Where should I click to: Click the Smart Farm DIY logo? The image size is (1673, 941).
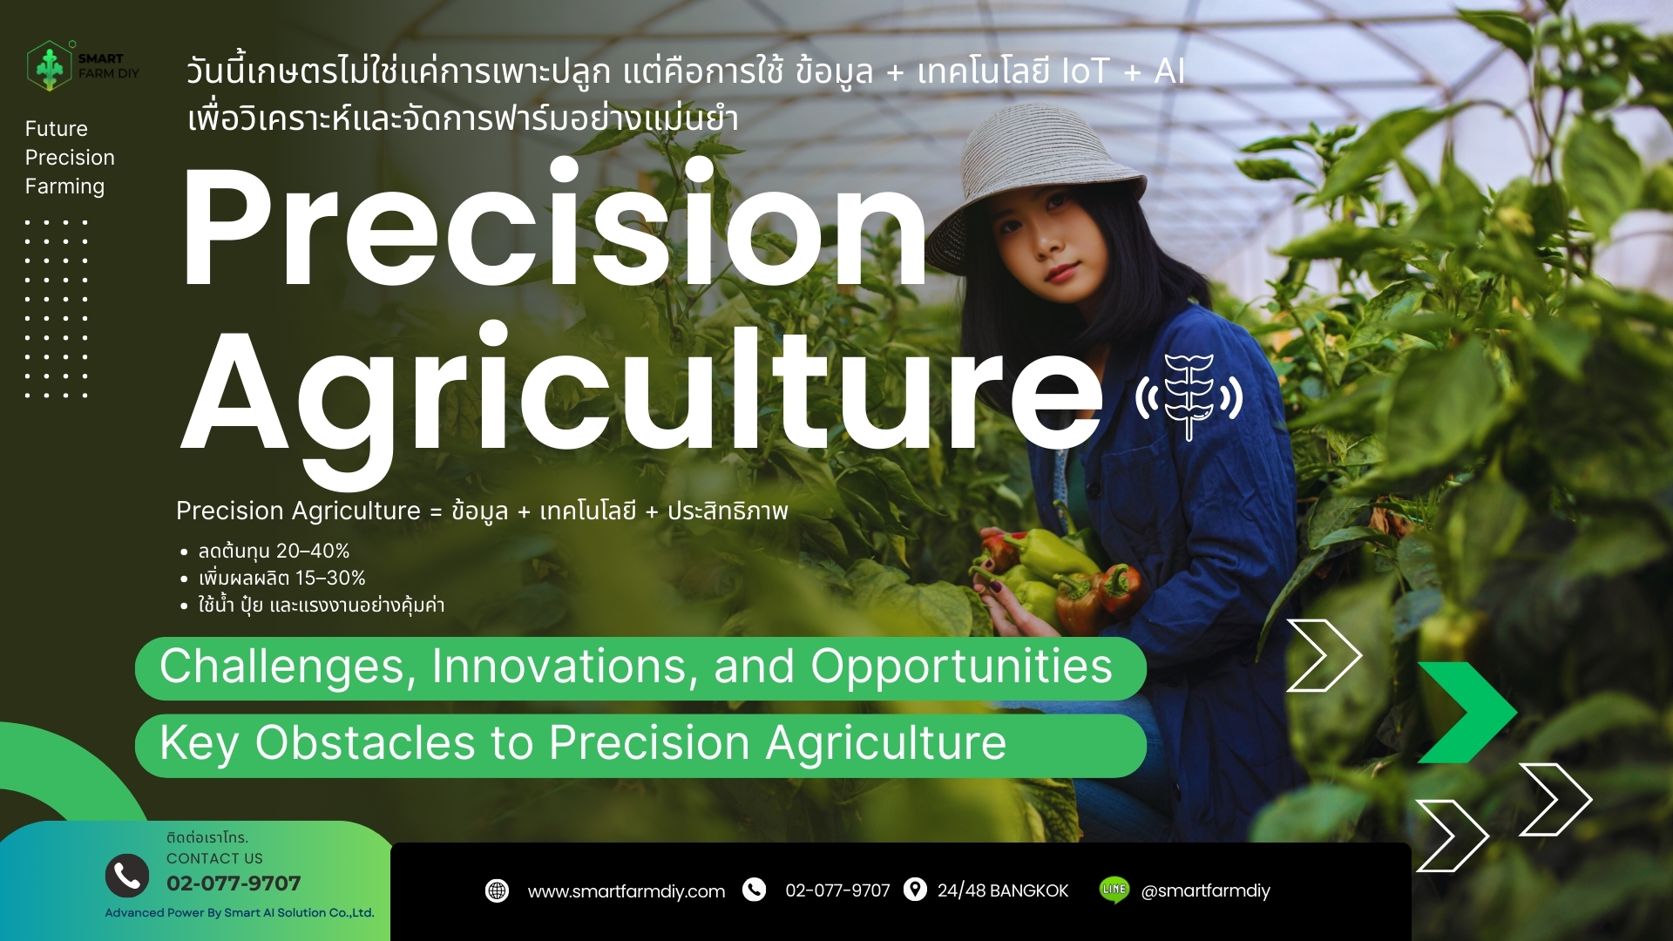83,65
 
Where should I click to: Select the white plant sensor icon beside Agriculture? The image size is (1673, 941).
1189,396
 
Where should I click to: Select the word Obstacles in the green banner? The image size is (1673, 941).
365,743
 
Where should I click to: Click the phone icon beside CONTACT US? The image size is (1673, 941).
127,875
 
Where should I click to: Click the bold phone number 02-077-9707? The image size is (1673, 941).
234,883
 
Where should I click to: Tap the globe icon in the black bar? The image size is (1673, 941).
497,890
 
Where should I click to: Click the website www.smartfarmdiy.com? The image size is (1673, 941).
627,891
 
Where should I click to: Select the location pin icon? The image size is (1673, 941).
915,890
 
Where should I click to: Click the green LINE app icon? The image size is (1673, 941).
1114,890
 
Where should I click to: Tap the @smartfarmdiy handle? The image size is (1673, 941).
1206,890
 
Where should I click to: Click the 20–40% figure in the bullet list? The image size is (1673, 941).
313,552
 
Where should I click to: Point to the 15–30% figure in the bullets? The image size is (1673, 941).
330,578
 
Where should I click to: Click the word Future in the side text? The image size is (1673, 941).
57,129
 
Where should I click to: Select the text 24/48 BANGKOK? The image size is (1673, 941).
1003,890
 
